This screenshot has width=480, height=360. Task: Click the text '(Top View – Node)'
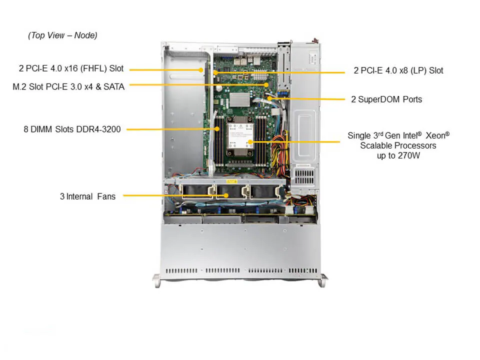click(x=62, y=35)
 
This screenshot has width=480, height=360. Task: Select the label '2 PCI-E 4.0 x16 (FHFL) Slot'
click(x=69, y=69)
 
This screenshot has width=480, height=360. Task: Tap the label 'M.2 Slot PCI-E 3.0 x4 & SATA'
click(x=68, y=86)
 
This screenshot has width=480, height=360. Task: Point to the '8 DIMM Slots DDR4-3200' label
click(x=72, y=129)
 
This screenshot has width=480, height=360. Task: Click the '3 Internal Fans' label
click(x=87, y=196)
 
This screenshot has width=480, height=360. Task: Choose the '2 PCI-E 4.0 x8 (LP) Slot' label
click(x=398, y=70)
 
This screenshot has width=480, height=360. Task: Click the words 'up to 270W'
click(x=398, y=155)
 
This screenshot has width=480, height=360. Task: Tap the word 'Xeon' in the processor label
click(x=437, y=135)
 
